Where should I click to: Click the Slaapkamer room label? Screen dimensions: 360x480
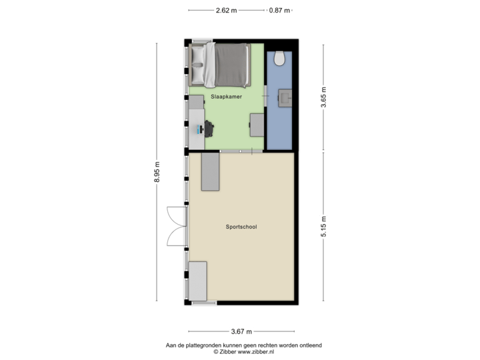pos(226,97)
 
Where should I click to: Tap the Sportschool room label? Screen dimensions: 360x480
pos(241,227)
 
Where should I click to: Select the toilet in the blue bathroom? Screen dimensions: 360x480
pos(279,59)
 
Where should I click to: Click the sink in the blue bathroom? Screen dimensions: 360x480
pos(286,99)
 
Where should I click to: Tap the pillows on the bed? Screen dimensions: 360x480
pos(199,64)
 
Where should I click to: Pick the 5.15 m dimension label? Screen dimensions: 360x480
pos(323,227)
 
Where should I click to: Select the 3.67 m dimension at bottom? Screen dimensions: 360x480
pos(241,331)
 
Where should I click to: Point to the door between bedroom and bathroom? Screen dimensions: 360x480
pos(265,98)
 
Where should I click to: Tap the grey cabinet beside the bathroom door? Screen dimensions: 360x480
pos(257,125)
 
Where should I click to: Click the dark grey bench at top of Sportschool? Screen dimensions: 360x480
pos(211,171)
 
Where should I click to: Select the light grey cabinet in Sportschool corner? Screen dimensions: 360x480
pos(198,281)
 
